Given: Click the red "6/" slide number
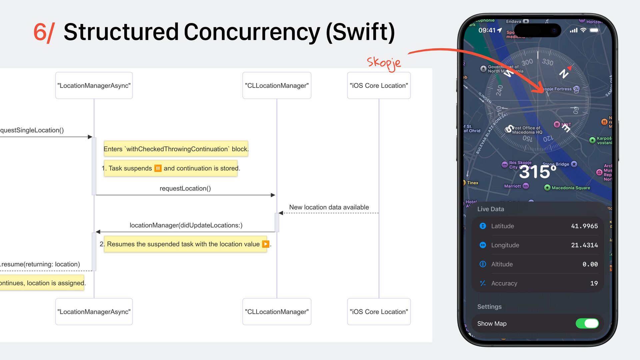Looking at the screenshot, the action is (x=44, y=32).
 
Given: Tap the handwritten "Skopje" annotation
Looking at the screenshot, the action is (x=384, y=63).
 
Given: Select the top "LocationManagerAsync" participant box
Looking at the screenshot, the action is (x=94, y=86).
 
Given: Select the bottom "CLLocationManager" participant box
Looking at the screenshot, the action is (x=277, y=312).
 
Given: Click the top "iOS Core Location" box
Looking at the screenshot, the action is (x=379, y=86).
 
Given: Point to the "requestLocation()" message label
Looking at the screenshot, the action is (x=185, y=188).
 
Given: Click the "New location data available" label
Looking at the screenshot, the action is (x=329, y=207).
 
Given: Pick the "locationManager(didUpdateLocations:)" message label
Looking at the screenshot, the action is (x=186, y=225).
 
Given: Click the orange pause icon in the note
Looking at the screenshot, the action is (x=158, y=168).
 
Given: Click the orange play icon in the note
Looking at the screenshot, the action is (x=265, y=244).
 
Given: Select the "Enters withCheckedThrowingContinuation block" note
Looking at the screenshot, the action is (x=176, y=149).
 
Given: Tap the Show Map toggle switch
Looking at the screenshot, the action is (x=587, y=323).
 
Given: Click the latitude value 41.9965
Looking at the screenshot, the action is (x=584, y=226).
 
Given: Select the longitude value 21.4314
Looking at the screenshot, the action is (x=584, y=245).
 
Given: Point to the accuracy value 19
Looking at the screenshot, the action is (x=594, y=283).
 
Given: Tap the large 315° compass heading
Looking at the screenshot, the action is (x=537, y=172).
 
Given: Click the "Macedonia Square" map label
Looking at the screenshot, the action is (x=570, y=188).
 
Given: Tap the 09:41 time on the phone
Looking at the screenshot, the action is (x=487, y=30).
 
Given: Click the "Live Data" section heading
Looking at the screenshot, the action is (x=490, y=209).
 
